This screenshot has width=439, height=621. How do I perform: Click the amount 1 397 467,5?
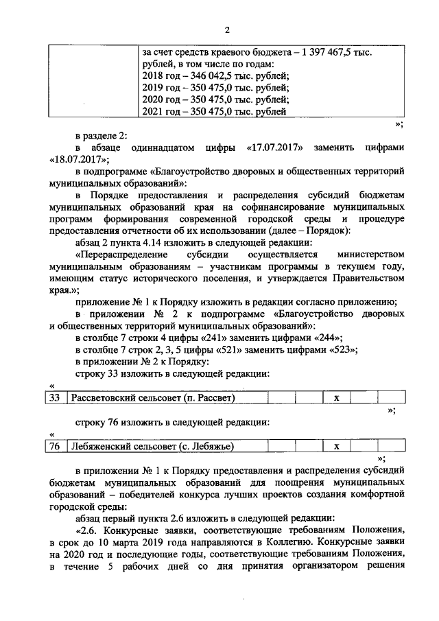[331, 52]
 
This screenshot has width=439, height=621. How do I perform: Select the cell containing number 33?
[56, 398]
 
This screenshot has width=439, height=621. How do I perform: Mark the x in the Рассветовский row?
[336, 398]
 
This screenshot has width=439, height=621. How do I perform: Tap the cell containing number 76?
[56, 447]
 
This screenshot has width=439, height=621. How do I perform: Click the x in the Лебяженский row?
[336, 447]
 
